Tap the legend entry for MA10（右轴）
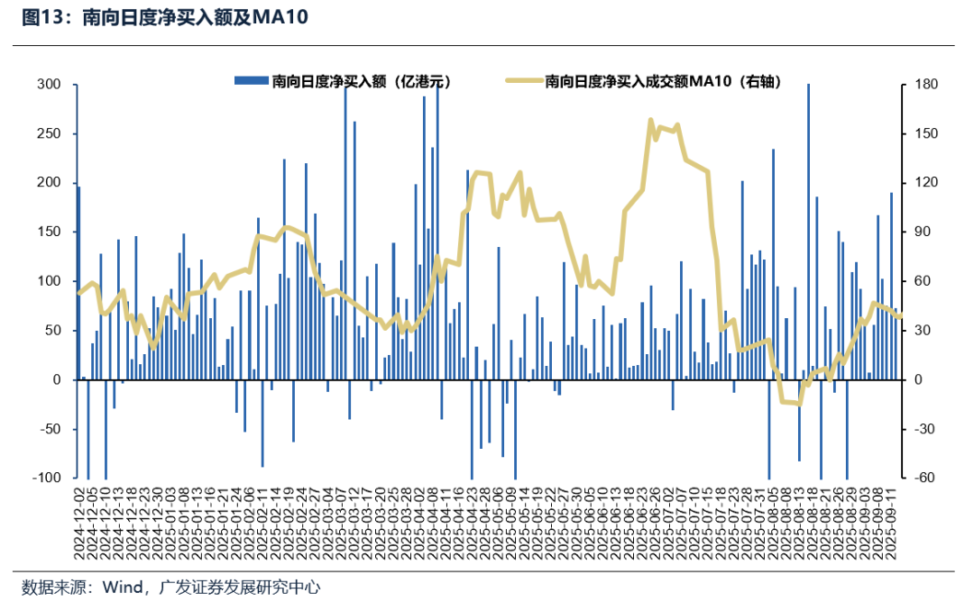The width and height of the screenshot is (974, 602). (662, 82)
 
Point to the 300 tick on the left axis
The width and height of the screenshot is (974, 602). (49, 85)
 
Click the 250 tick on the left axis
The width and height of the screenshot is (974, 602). (49, 134)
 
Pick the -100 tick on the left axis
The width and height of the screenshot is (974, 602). (45, 479)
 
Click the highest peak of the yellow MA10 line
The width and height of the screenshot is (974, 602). (650, 119)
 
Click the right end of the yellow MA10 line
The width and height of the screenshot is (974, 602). (901, 315)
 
